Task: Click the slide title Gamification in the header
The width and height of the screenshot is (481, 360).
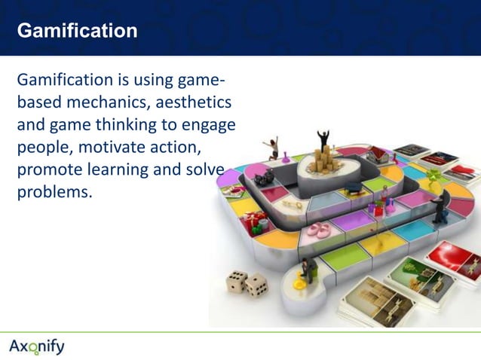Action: point(77,31)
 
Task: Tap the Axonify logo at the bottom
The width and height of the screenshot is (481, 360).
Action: point(37,346)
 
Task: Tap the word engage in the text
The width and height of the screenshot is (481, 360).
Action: point(209,124)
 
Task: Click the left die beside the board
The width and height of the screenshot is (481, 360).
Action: point(237,280)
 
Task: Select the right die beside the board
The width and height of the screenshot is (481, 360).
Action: point(256,285)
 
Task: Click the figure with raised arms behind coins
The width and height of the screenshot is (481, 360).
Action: point(323,139)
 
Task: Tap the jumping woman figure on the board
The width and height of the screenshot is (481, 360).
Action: point(271,147)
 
